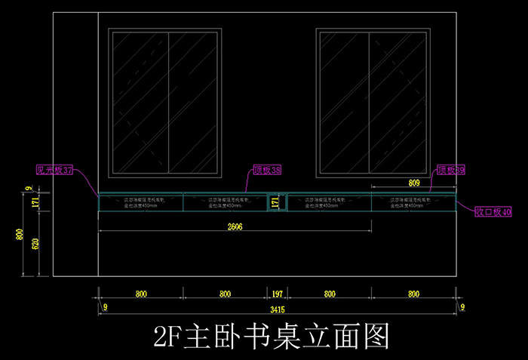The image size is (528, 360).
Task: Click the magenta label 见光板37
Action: [54, 171]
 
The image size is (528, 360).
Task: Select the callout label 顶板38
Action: [266, 171]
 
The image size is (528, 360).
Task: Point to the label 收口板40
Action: [493, 212]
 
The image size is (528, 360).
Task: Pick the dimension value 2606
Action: [235, 226]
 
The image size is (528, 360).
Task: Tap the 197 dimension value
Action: [277, 294]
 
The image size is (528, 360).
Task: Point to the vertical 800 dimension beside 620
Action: [20, 235]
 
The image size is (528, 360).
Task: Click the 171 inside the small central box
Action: [275, 203]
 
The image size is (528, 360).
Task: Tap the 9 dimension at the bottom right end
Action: [462, 307]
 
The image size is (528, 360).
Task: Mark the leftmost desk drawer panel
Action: [140, 203]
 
